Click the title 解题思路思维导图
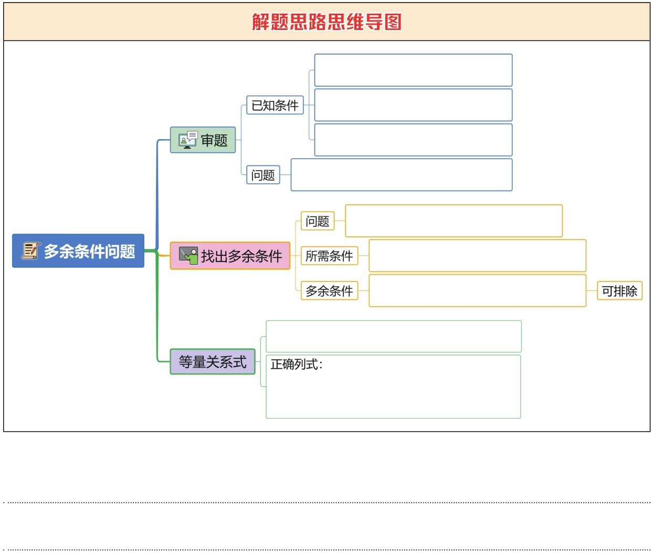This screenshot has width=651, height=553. click(327, 22)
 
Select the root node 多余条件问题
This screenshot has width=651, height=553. click(79, 251)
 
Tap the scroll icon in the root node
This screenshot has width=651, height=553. click(30, 251)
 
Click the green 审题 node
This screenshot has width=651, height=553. click(203, 140)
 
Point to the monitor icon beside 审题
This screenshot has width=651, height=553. click(187, 140)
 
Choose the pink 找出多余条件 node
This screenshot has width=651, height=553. click(230, 256)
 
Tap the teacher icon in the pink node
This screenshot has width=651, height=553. click(188, 255)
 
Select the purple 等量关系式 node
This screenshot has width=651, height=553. click(213, 362)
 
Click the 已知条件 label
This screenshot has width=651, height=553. click(275, 105)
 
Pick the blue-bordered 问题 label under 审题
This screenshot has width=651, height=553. click(263, 175)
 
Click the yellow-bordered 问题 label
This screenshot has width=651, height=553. click(318, 221)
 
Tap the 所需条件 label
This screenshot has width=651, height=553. click(329, 256)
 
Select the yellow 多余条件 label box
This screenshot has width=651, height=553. click(329, 290)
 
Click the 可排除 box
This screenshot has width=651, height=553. click(619, 291)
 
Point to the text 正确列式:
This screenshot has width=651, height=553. click(297, 364)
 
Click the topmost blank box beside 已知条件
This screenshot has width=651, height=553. click(413, 70)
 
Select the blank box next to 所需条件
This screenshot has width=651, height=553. click(477, 256)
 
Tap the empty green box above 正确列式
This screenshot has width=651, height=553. click(394, 336)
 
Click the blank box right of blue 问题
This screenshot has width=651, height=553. click(402, 175)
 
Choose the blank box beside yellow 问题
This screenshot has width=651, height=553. click(454, 221)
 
